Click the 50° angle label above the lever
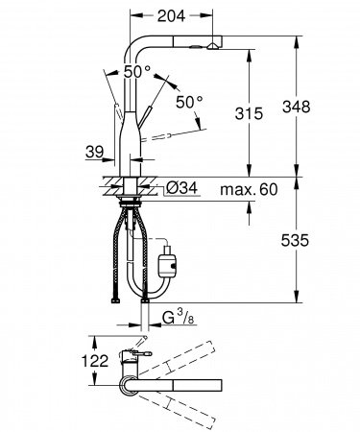click(x=136, y=72)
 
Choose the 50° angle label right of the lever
click(x=189, y=102)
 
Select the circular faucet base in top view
click(x=129, y=386)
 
